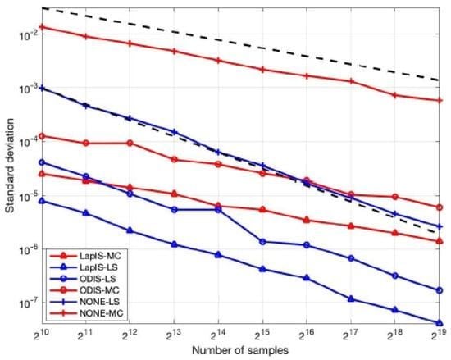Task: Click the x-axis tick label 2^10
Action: click(x=41, y=334)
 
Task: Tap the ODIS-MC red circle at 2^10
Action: click(x=42, y=136)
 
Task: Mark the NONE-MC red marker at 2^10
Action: click(x=42, y=27)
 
